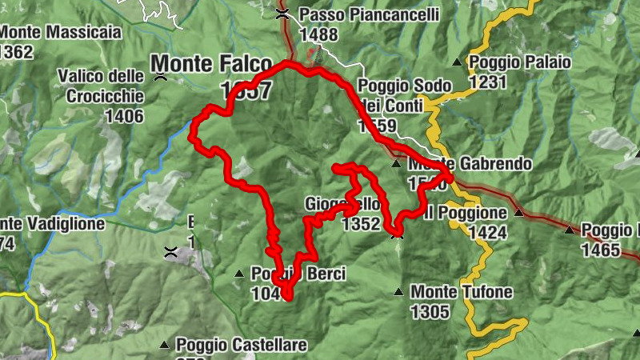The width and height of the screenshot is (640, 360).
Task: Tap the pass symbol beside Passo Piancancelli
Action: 282,13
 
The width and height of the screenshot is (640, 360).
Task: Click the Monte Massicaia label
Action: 61,33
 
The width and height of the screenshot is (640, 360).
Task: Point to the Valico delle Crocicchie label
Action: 101,86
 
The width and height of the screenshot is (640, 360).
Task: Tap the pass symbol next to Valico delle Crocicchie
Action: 161,77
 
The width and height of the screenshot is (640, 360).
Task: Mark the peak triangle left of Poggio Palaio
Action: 457,62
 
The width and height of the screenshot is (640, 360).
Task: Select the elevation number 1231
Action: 489,82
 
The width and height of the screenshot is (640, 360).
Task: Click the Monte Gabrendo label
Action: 470,164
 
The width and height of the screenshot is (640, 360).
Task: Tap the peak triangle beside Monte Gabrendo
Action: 396,164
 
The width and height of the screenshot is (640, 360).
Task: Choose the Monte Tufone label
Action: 462,292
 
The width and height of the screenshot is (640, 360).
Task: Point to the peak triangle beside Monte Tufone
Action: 399,292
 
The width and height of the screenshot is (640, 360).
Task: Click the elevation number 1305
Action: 430,312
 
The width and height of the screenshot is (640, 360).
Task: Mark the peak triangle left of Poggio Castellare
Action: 164,345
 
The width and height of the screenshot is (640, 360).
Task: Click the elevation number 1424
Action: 488,233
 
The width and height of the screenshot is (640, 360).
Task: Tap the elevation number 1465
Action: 601,250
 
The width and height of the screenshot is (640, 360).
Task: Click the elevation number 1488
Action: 318,34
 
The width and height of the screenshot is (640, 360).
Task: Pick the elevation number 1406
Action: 124,116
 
